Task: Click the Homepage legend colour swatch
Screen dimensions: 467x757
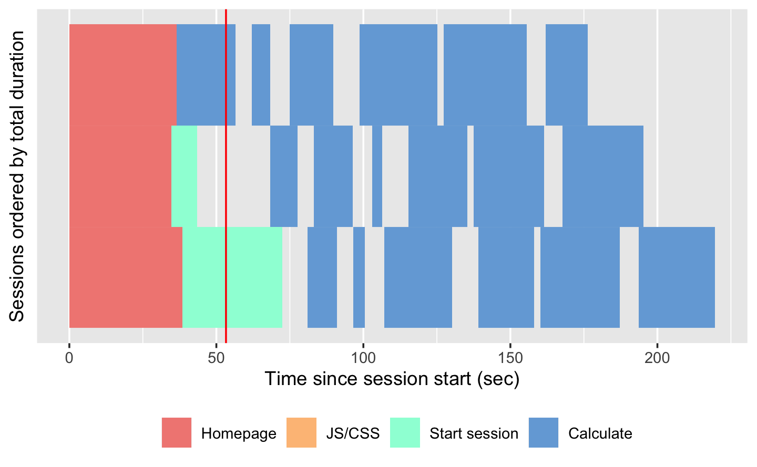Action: [x=177, y=432]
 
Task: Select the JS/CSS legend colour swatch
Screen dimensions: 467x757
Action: [x=301, y=432]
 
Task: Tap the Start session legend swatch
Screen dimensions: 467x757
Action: [x=405, y=432]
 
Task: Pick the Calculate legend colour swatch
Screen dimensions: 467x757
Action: [x=544, y=432]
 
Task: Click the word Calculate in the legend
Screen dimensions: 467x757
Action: [x=600, y=433]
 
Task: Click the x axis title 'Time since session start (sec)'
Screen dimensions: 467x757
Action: [x=392, y=379]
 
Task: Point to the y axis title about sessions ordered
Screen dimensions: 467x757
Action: [x=17, y=176]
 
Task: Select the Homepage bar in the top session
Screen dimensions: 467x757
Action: [x=122, y=75]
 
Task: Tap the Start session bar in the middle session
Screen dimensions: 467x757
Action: [x=184, y=176]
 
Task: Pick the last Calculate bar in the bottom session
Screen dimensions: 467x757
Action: [x=677, y=277]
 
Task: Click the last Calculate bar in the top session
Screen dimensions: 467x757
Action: [x=566, y=75]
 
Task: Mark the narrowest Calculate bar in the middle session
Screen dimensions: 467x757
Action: [x=377, y=176]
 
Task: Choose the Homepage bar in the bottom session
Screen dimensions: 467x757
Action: [x=126, y=277]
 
